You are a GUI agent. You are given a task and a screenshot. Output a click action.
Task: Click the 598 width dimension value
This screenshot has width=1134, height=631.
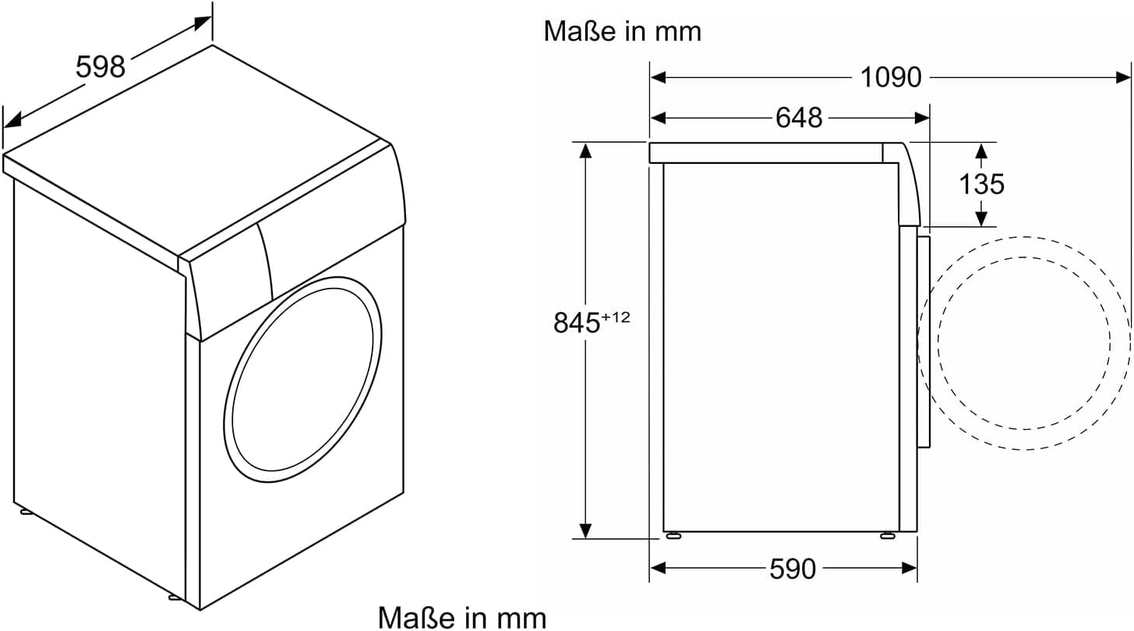101,67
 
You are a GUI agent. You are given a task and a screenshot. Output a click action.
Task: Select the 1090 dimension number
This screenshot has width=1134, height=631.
891,77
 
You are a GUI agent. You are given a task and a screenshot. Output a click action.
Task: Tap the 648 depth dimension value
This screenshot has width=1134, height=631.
799,118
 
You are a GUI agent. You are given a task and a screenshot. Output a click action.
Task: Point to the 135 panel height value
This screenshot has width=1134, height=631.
981,184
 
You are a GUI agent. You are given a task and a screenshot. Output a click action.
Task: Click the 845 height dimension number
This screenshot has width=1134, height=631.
577,323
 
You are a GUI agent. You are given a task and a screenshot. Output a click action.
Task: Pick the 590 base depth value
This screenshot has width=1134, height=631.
793,569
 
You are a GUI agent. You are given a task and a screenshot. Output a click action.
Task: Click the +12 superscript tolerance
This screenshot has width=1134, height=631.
616,317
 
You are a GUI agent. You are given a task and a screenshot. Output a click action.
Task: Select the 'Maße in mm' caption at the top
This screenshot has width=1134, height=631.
622,31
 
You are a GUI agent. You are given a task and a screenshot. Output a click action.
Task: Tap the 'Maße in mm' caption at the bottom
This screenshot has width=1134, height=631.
462,618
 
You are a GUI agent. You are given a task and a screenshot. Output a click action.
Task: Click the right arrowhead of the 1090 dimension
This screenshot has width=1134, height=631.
1122,77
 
